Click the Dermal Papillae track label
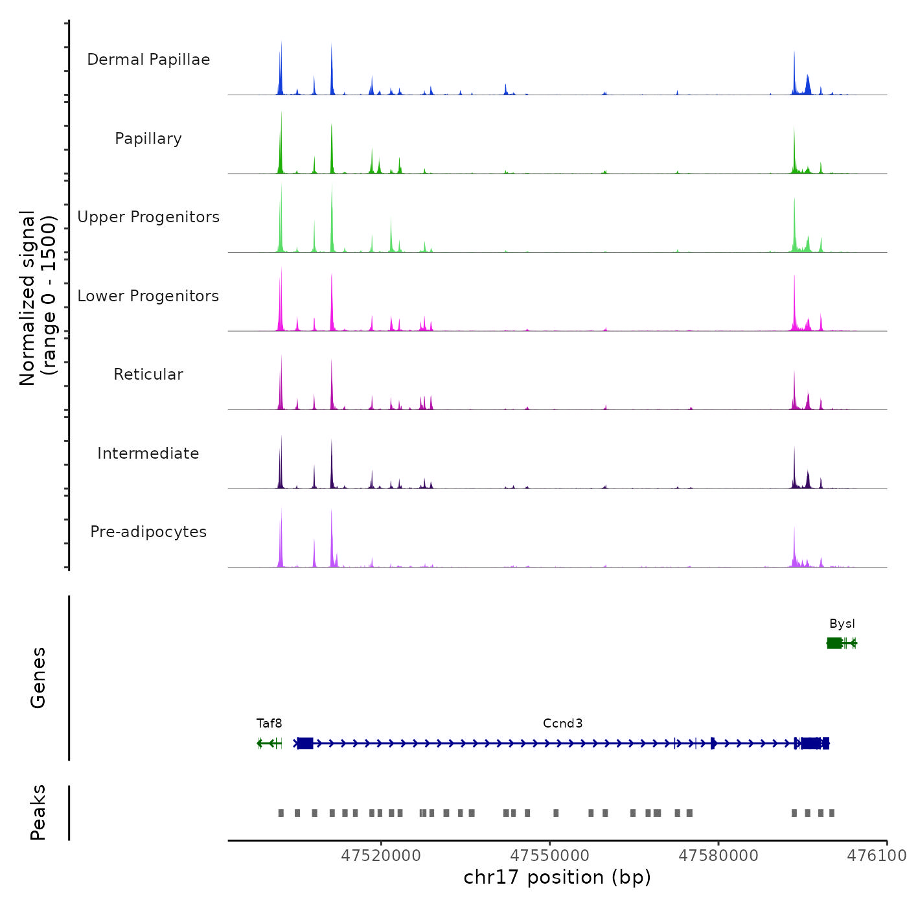(x=148, y=60)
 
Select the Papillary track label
(x=148, y=139)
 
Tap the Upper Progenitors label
(x=148, y=217)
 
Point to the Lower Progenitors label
(x=148, y=296)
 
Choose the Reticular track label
(x=148, y=374)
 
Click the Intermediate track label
(x=148, y=454)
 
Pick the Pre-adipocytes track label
(x=148, y=532)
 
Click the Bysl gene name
(x=842, y=624)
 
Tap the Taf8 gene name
(x=270, y=724)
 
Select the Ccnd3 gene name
(x=562, y=724)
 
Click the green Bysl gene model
(x=841, y=643)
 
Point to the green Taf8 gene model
(x=270, y=743)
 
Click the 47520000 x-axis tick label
(x=381, y=855)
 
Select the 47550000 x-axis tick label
(x=549, y=855)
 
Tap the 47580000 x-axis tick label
(x=718, y=855)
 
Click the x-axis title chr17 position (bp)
(x=557, y=877)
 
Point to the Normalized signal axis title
(x=38, y=298)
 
